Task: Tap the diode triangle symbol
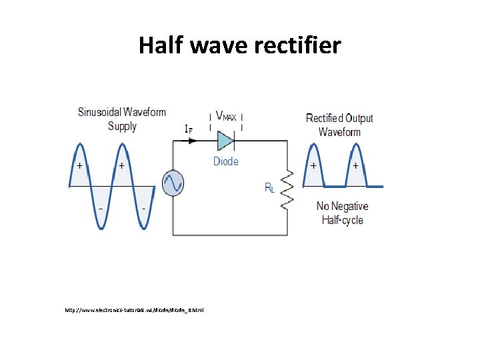(x=225, y=141)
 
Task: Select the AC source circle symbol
(x=173, y=183)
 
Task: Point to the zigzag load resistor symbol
(x=287, y=189)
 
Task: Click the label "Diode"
(x=225, y=161)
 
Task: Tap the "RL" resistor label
(x=269, y=188)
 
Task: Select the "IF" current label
(x=189, y=129)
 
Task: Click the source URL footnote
(x=134, y=310)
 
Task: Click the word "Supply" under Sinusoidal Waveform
(x=122, y=126)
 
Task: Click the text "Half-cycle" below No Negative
(x=342, y=220)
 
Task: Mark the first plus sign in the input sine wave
(x=80, y=165)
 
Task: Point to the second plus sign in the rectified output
(x=355, y=165)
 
